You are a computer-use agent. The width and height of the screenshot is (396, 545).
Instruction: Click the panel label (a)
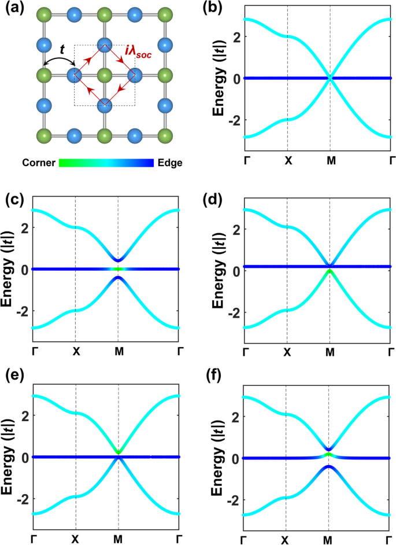click(x=14, y=9)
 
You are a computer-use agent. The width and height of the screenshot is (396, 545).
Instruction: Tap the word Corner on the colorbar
click(x=39, y=163)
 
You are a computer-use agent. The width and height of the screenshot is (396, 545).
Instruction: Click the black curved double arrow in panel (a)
click(x=58, y=57)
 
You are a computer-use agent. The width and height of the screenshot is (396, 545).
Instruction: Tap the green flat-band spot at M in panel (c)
click(x=118, y=269)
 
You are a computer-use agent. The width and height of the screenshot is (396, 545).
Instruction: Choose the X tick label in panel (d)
click(x=287, y=351)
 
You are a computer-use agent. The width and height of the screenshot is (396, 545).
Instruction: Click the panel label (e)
click(x=14, y=375)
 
